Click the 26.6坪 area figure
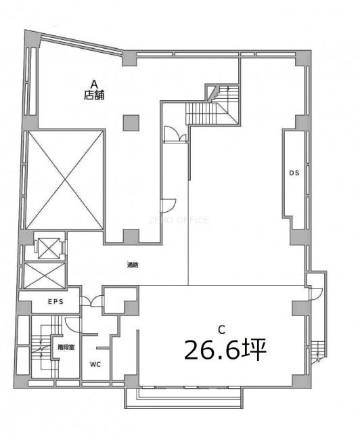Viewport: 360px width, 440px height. click(225, 349)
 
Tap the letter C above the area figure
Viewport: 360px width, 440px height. click(222, 330)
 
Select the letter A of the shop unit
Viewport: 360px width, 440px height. click(94, 84)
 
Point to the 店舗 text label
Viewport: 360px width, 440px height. click(94, 95)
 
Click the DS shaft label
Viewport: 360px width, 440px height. click(294, 173)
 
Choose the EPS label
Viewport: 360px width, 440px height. click(55, 302)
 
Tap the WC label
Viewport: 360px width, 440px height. click(95, 364)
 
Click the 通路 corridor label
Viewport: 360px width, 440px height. click(133, 265)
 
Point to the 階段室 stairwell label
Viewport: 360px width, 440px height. click(66, 347)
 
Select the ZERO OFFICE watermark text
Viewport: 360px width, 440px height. click(179, 220)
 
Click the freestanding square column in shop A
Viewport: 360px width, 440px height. click(131, 123)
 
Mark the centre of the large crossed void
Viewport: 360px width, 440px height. click(65, 179)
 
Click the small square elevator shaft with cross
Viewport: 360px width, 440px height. click(49, 248)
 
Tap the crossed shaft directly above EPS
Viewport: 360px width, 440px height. click(45, 276)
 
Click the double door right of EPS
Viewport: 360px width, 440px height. click(91, 301)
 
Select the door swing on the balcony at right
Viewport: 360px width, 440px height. click(315, 294)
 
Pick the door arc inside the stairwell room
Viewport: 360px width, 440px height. click(72, 325)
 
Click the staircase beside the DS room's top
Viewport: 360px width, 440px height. click(212, 106)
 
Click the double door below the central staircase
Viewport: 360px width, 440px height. click(175, 134)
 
